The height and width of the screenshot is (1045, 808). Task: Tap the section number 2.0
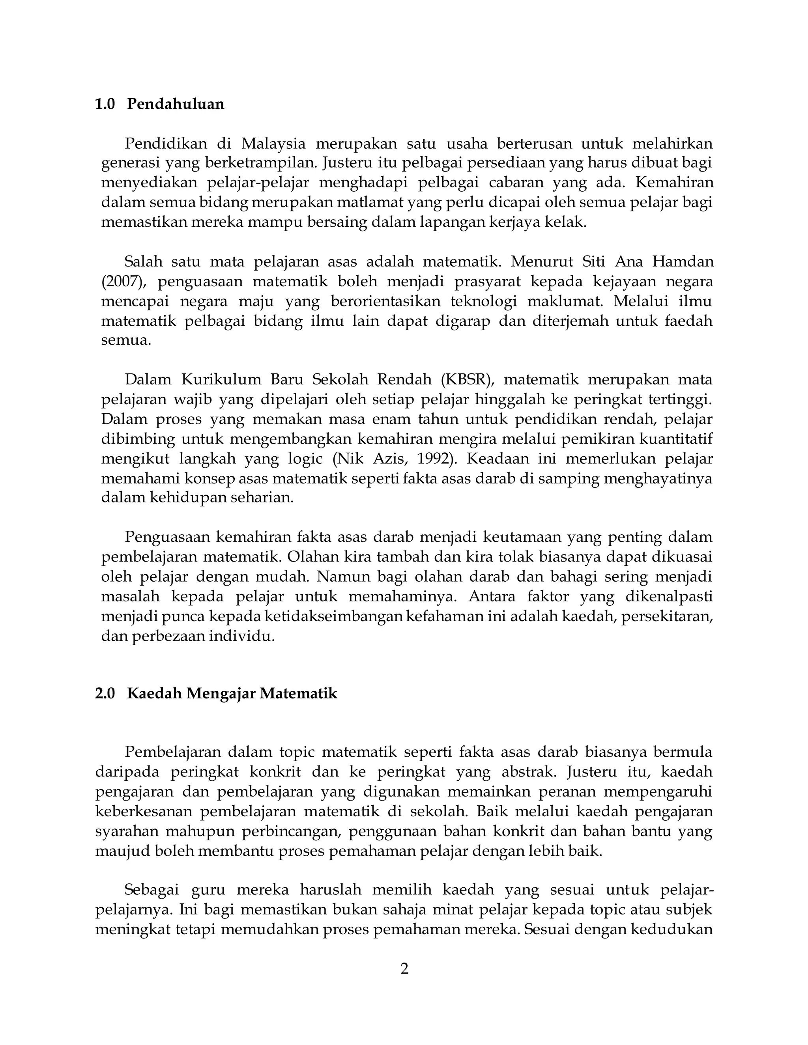[x=105, y=693]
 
